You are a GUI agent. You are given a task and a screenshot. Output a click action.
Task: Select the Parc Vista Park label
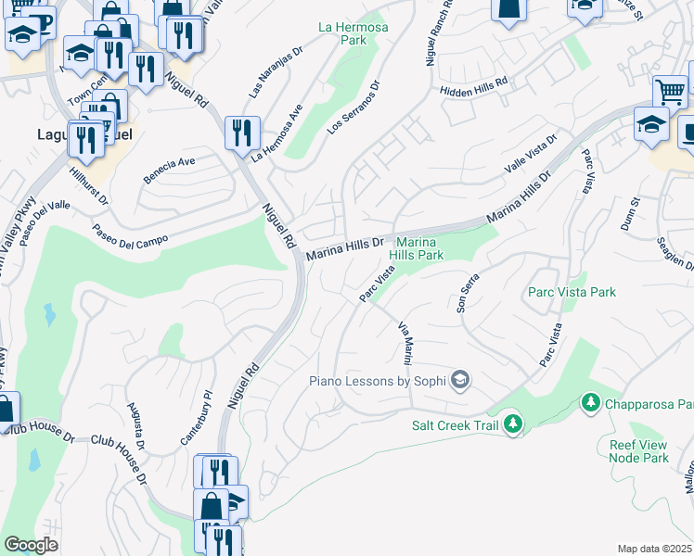572,293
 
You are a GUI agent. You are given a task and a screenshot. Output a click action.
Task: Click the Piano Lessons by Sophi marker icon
459,380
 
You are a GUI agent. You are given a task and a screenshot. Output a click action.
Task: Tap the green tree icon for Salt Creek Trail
513,425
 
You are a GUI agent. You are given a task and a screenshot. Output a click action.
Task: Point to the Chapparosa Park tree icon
588,403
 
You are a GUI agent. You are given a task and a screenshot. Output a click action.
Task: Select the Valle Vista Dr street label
530,153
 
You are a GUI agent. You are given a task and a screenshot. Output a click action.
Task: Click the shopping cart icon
670,92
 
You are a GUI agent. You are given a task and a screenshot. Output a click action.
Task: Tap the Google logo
32,545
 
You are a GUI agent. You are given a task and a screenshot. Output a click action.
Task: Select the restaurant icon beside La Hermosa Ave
242,132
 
